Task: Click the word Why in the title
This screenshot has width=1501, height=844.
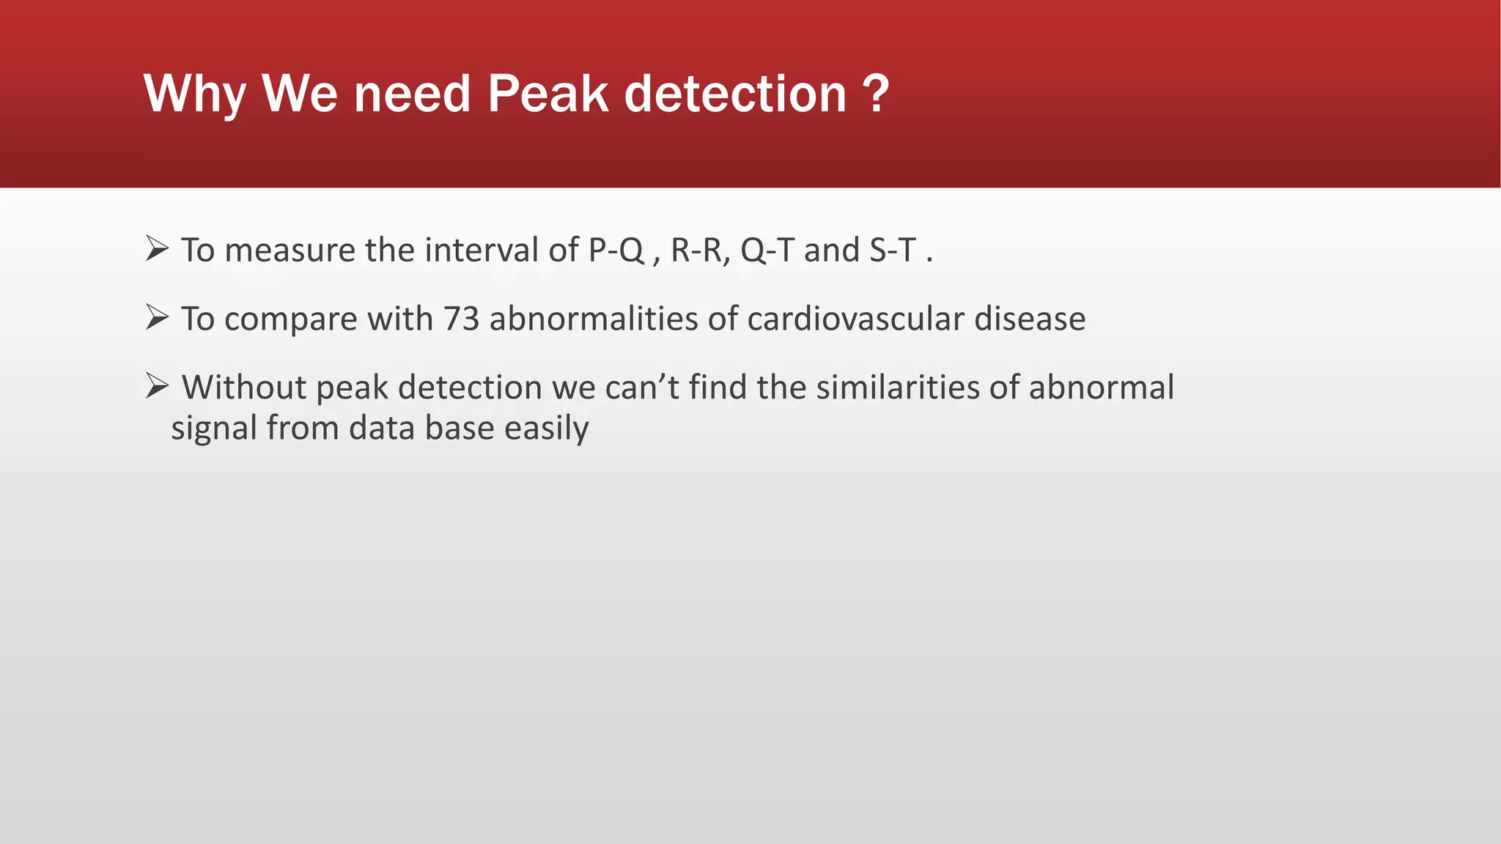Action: (195, 95)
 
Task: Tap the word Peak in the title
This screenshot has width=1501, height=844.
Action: (547, 95)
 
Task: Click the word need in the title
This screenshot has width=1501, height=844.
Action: (412, 95)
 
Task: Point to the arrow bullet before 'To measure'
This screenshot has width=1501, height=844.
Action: (157, 249)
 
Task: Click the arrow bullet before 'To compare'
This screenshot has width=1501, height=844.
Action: (157, 317)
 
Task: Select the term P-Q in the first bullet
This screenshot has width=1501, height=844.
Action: (616, 251)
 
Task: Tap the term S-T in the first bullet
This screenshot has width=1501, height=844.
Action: (893, 251)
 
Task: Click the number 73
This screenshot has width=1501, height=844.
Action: (461, 319)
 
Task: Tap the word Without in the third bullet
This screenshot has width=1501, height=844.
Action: (244, 387)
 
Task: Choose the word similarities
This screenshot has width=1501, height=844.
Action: (897, 387)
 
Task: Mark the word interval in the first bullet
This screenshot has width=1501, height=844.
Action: (481, 251)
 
